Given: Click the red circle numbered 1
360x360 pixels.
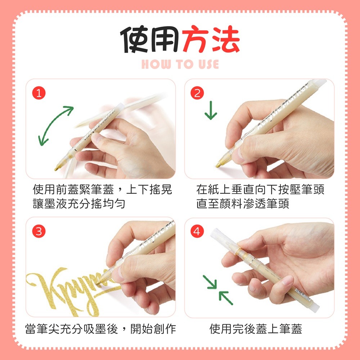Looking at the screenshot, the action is click(39, 93).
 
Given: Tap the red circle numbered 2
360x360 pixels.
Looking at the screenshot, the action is click(197, 93).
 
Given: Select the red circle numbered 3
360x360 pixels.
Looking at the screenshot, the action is click(39, 231).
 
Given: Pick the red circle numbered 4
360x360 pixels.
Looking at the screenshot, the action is click(197, 231).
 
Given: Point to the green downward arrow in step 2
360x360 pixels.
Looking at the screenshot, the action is click(211, 110).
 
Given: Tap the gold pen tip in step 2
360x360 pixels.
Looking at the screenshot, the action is click(220, 163).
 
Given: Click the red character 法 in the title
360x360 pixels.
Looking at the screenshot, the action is click(226, 39).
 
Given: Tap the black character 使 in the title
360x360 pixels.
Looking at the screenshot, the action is click(134, 39).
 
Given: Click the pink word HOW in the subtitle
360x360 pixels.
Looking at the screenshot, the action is click(156, 64).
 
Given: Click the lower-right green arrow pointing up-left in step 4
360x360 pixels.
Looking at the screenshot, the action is click(226, 298).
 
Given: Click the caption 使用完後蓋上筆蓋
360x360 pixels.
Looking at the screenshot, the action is click(256, 329).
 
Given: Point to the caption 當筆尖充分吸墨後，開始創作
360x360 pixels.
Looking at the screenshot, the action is click(100, 329).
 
